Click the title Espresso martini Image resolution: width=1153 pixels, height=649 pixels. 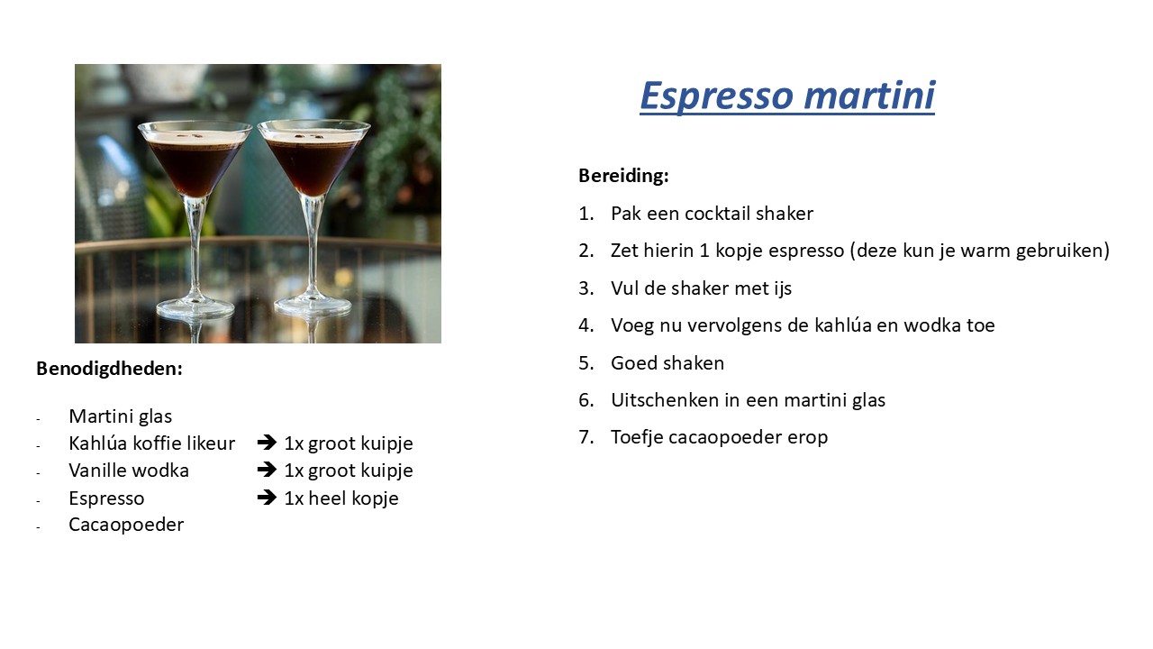[787, 96]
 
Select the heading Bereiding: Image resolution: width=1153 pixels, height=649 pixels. [623, 176]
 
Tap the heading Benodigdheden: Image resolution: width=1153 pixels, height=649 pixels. [109, 369]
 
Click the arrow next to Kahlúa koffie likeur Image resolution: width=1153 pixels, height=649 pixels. [267, 443]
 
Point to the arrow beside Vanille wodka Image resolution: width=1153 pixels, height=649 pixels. [267, 470]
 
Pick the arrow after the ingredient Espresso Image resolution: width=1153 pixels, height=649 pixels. [267, 498]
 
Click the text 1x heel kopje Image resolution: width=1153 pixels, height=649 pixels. [341, 498]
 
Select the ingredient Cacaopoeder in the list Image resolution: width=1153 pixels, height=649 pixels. [126, 525]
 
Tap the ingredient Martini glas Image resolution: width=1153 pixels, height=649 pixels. [121, 416]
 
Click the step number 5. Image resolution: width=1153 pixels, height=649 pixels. [586, 363]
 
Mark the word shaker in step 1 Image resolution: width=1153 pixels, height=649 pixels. [784, 214]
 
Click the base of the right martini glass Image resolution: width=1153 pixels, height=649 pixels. [312, 305]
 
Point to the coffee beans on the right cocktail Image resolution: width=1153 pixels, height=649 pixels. [309, 136]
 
